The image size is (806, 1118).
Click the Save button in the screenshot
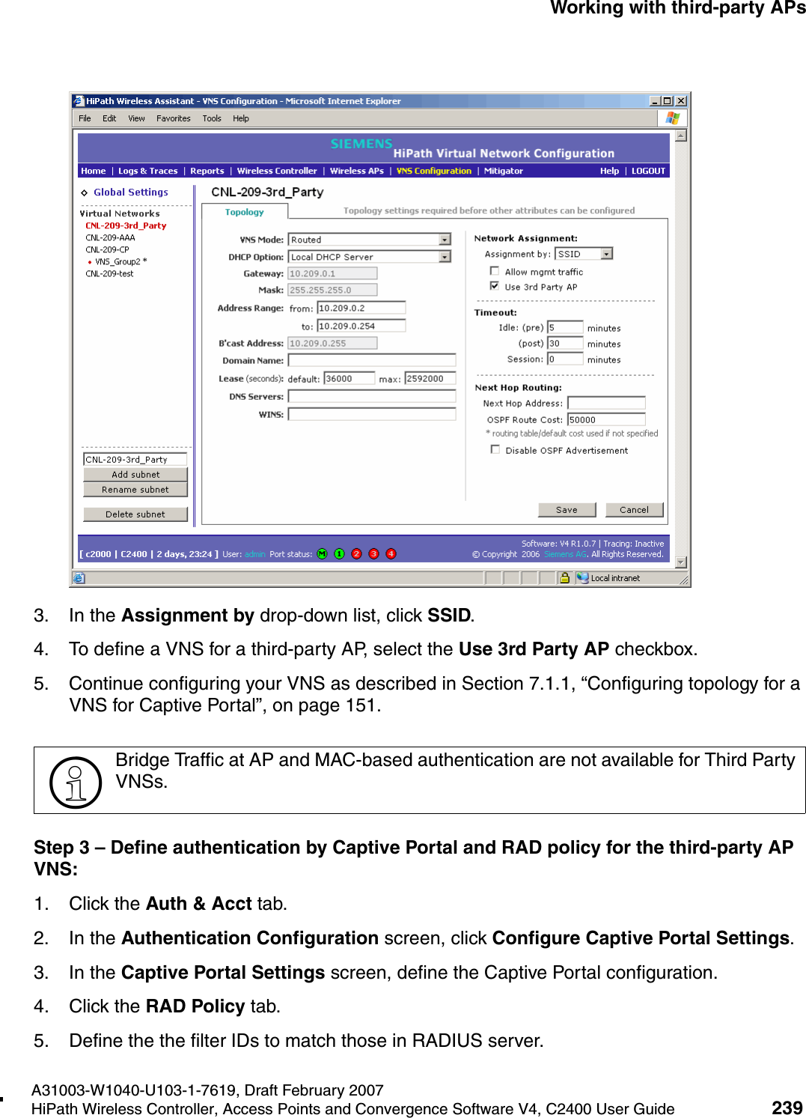(567, 510)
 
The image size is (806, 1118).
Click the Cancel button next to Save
(634, 510)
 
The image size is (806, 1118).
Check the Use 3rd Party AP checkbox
(495, 286)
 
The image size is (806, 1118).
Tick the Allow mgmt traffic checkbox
(495, 271)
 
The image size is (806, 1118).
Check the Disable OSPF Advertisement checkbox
(495, 449)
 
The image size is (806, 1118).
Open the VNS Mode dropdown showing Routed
(445, 240)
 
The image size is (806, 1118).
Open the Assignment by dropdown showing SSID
(607, 254)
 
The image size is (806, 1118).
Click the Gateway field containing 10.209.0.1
(332, 273)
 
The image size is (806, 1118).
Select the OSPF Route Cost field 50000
(605, 419)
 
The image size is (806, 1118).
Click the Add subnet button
(135, 475)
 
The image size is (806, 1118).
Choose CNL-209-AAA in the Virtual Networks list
(110, 237)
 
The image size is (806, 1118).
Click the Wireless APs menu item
(356, 171)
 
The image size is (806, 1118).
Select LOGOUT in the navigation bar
(648, 171)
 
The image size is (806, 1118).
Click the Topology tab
(244, 212)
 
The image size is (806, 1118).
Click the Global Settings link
(130, 192)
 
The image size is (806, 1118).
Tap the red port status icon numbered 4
(391, 554)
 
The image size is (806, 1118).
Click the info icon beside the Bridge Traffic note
(75, 782)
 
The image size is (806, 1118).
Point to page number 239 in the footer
(787, 1108)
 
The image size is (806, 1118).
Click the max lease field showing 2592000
(430, 379)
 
